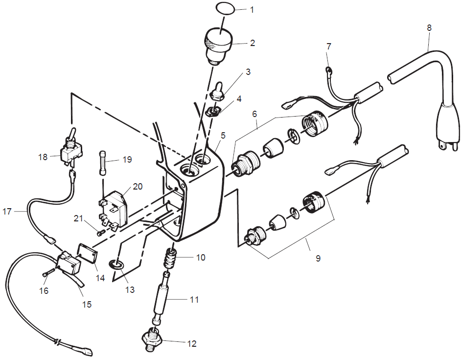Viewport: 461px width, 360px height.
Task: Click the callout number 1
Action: [253, 9]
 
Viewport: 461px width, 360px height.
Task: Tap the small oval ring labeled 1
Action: [224, 8]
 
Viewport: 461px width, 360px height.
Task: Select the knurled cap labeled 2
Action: [218, 45]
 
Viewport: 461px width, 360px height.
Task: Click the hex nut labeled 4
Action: [213, 111]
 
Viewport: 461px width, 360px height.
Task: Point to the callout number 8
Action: [429, 28]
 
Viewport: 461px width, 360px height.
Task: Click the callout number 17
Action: [8, 212]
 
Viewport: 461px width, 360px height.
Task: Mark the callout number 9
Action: [318, 258]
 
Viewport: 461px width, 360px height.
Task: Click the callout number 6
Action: [254, 113]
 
